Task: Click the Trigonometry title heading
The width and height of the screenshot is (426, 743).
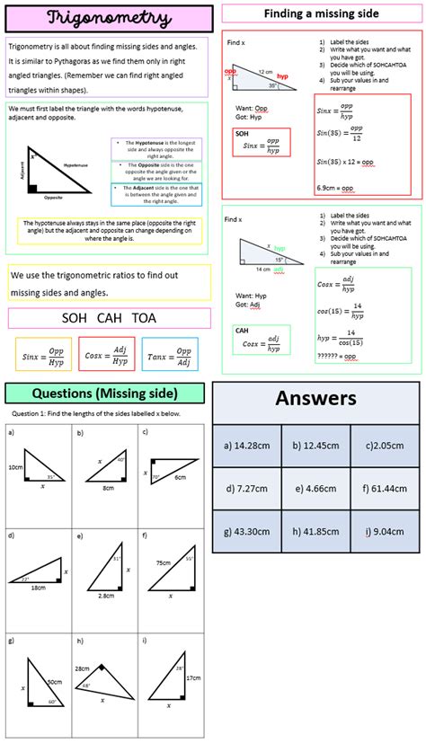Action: [108, 18]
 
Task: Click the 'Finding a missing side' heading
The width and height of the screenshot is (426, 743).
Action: [321, 13]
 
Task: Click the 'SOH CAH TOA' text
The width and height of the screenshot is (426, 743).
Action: [108, 317]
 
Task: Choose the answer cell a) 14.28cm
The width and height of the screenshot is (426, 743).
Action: [246, 445]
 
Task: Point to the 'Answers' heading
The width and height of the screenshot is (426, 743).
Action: [315, 399]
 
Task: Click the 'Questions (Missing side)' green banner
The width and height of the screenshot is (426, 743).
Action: [104, 394]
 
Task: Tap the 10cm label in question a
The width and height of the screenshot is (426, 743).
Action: [15, 467]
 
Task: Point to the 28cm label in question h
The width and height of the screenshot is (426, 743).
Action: [82, 668]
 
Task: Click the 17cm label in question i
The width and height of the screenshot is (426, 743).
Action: [193, 678]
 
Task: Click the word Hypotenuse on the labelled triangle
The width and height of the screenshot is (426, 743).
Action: [76, 165]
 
